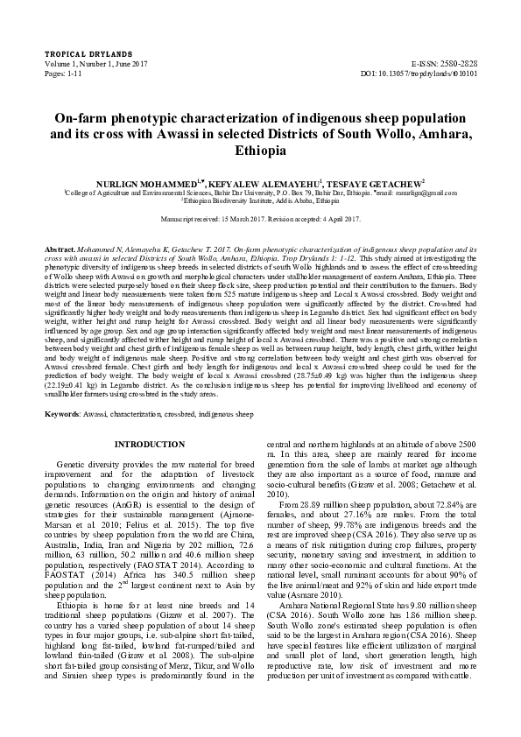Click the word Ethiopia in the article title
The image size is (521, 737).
(261, 151)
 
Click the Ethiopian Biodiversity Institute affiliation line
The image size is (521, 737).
(261, 200)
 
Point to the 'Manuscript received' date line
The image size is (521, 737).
(261, 218)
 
